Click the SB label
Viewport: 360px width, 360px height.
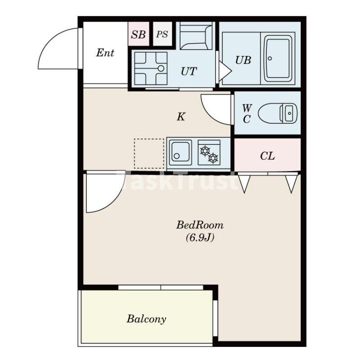[x=138, y=35]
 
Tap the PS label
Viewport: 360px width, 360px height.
[x=162, y=35]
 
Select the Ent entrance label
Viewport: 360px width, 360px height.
[x=105, y=53]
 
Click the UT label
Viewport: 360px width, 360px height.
[x=189, y=71]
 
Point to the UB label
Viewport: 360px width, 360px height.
[x=243, y=60]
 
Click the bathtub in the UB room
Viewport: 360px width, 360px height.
[x=278, y=59]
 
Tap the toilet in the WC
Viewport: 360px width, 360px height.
[x=278, y=113]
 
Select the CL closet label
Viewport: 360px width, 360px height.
[x=267, y=156]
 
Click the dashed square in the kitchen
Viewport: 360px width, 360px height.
[x=149, y=153]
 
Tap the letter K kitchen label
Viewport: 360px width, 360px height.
[x=181, y=117]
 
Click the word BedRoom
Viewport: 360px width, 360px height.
[x=200, y=225]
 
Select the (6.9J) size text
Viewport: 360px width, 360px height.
[x=200, y=238]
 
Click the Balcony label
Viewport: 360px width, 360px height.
[x=147, y=319]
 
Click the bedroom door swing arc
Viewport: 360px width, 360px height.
[x=114, y=200]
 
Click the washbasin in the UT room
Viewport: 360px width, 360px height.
[x=151, y=68]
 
